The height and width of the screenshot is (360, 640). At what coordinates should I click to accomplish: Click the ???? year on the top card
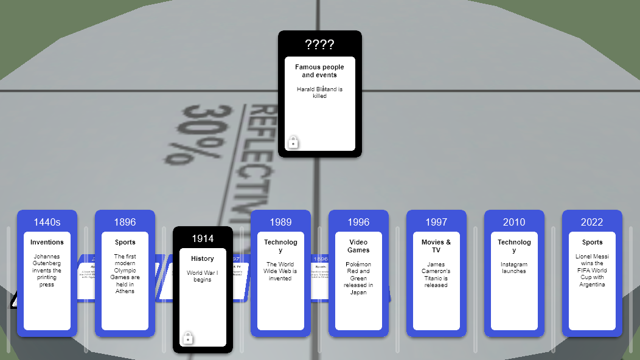(319, 44)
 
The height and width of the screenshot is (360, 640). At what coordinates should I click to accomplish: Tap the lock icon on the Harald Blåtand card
(293, 142)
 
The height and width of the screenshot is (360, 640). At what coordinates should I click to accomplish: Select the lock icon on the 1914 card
(188, 338)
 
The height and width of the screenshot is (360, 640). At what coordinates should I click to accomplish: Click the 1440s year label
(47, 222)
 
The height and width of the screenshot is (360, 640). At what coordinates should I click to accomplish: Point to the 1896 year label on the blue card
(125, 222)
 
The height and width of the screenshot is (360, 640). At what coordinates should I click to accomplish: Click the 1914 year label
(203, 238)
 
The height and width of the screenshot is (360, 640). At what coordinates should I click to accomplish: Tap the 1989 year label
(280, 222)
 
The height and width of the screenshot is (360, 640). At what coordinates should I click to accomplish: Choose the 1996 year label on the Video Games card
(358, 222)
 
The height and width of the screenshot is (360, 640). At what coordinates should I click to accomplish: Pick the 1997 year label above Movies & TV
(436, 222)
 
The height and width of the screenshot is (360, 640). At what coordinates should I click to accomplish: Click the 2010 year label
(514, 222)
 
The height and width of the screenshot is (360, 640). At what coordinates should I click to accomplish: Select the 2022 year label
(592, 222)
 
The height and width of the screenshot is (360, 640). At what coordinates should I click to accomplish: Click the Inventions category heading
(47, 242)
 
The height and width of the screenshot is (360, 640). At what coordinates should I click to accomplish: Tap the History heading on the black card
(203, 258)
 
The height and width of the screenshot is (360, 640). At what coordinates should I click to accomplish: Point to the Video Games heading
(358, 246)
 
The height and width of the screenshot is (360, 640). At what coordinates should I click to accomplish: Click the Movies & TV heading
(436, 246)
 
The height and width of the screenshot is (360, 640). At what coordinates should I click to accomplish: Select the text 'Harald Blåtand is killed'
(319, 92)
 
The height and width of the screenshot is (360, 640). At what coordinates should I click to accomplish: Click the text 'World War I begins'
(203, 276)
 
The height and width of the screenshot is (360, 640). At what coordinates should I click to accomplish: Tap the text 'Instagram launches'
(514, 268)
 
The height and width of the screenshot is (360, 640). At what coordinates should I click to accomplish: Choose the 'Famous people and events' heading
(319, 71)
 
